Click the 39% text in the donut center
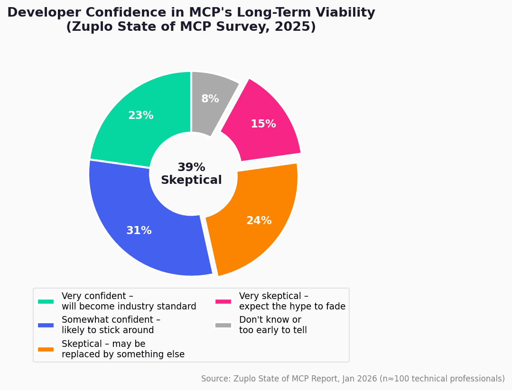click(191, 168)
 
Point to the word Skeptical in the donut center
click(191, 181)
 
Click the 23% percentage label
click(141, 116)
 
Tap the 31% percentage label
click(139, 231)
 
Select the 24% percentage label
click(259, 221)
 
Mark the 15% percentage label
click(263, 124)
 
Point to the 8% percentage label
click(210, 99)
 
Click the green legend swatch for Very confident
click(46, 301)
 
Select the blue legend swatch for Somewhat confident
click(46, 325)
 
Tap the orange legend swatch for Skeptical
click(46, 349)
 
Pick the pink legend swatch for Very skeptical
click(223, 301)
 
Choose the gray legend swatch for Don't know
click(223, 325)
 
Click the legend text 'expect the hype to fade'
click(292, 307)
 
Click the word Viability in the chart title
click(340, 13)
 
